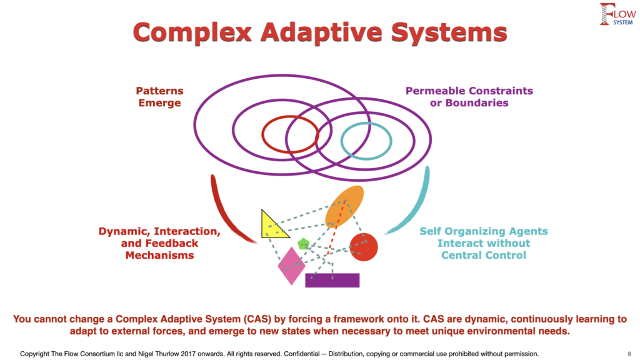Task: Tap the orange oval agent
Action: [344, 206]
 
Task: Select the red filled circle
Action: [364, 247]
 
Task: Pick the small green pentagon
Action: [303, 244]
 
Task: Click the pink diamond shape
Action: [291, 266]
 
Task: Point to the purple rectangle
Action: [332, 281]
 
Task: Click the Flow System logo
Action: [617, 14]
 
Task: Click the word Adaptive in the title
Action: [321, 32]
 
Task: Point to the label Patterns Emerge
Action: [159, 97]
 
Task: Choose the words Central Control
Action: [484, 255]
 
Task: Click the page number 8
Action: [629, 354]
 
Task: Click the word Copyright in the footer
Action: [35, 354]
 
